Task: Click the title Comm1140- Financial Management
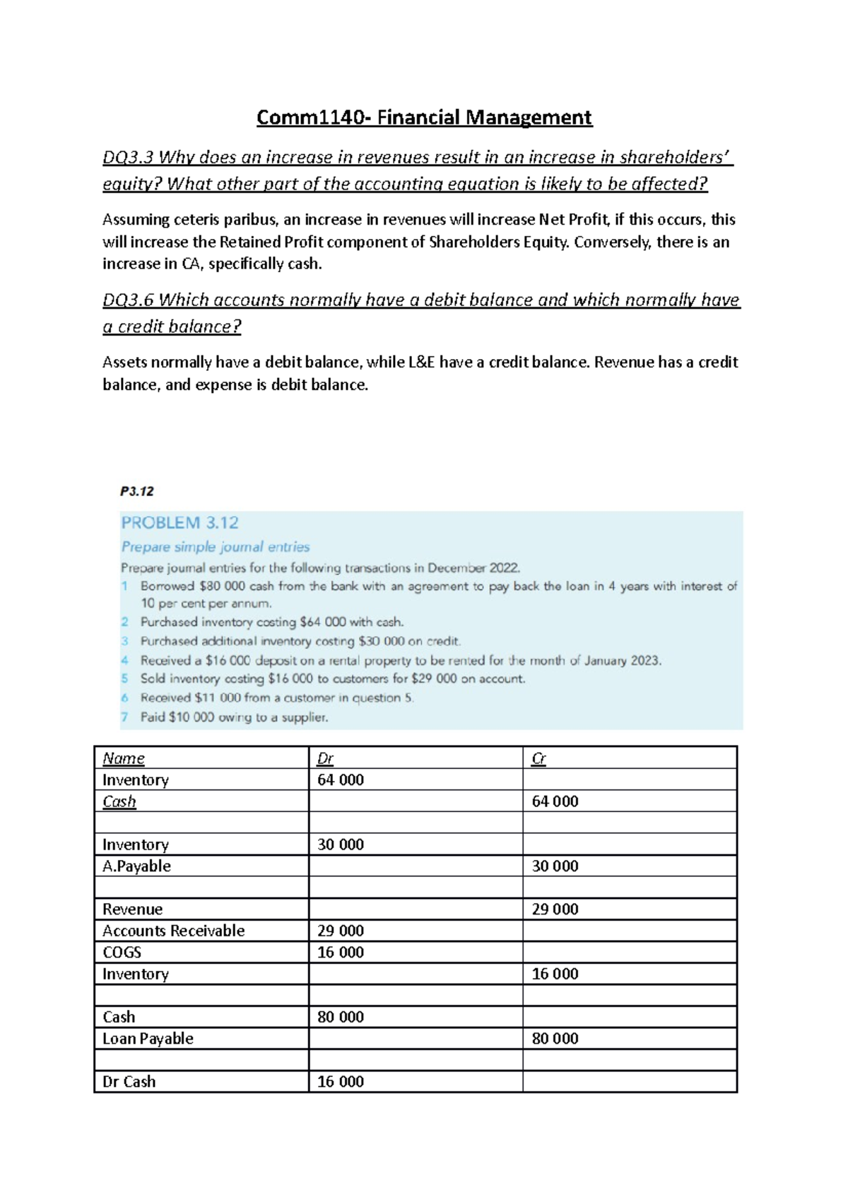[424, 117]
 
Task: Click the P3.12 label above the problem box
[136, 491]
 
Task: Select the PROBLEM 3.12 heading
[179, 523]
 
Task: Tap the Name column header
[124, 758]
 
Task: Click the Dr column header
[325, 758]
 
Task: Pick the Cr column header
[538, 758]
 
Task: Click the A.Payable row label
[136, 866]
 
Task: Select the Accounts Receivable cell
[173, 931]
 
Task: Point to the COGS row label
[122, 953]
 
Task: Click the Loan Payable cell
[148, 1039]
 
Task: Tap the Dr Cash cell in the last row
[129, 1082]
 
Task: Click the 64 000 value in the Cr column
[555, 801]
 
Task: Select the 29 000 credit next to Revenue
[555, 910]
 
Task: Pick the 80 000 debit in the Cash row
[341, 1017]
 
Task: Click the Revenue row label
[132, 910]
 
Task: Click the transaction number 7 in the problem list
[124, 717]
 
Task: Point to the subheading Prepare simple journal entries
[216, 547]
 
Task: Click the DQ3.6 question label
[127, 300]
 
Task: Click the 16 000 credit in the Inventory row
[555, 974]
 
